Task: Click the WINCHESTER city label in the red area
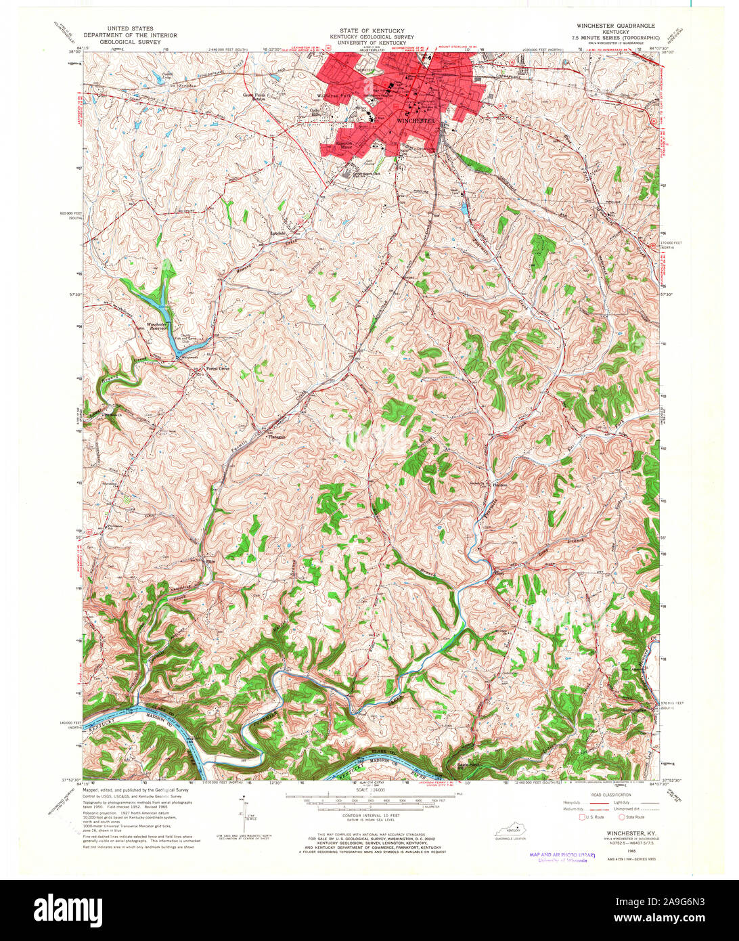tap(415, 121)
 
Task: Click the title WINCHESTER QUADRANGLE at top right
tap(615, 25)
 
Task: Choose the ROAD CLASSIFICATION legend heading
tap(612, 795)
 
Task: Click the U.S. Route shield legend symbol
tap(581, 817)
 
